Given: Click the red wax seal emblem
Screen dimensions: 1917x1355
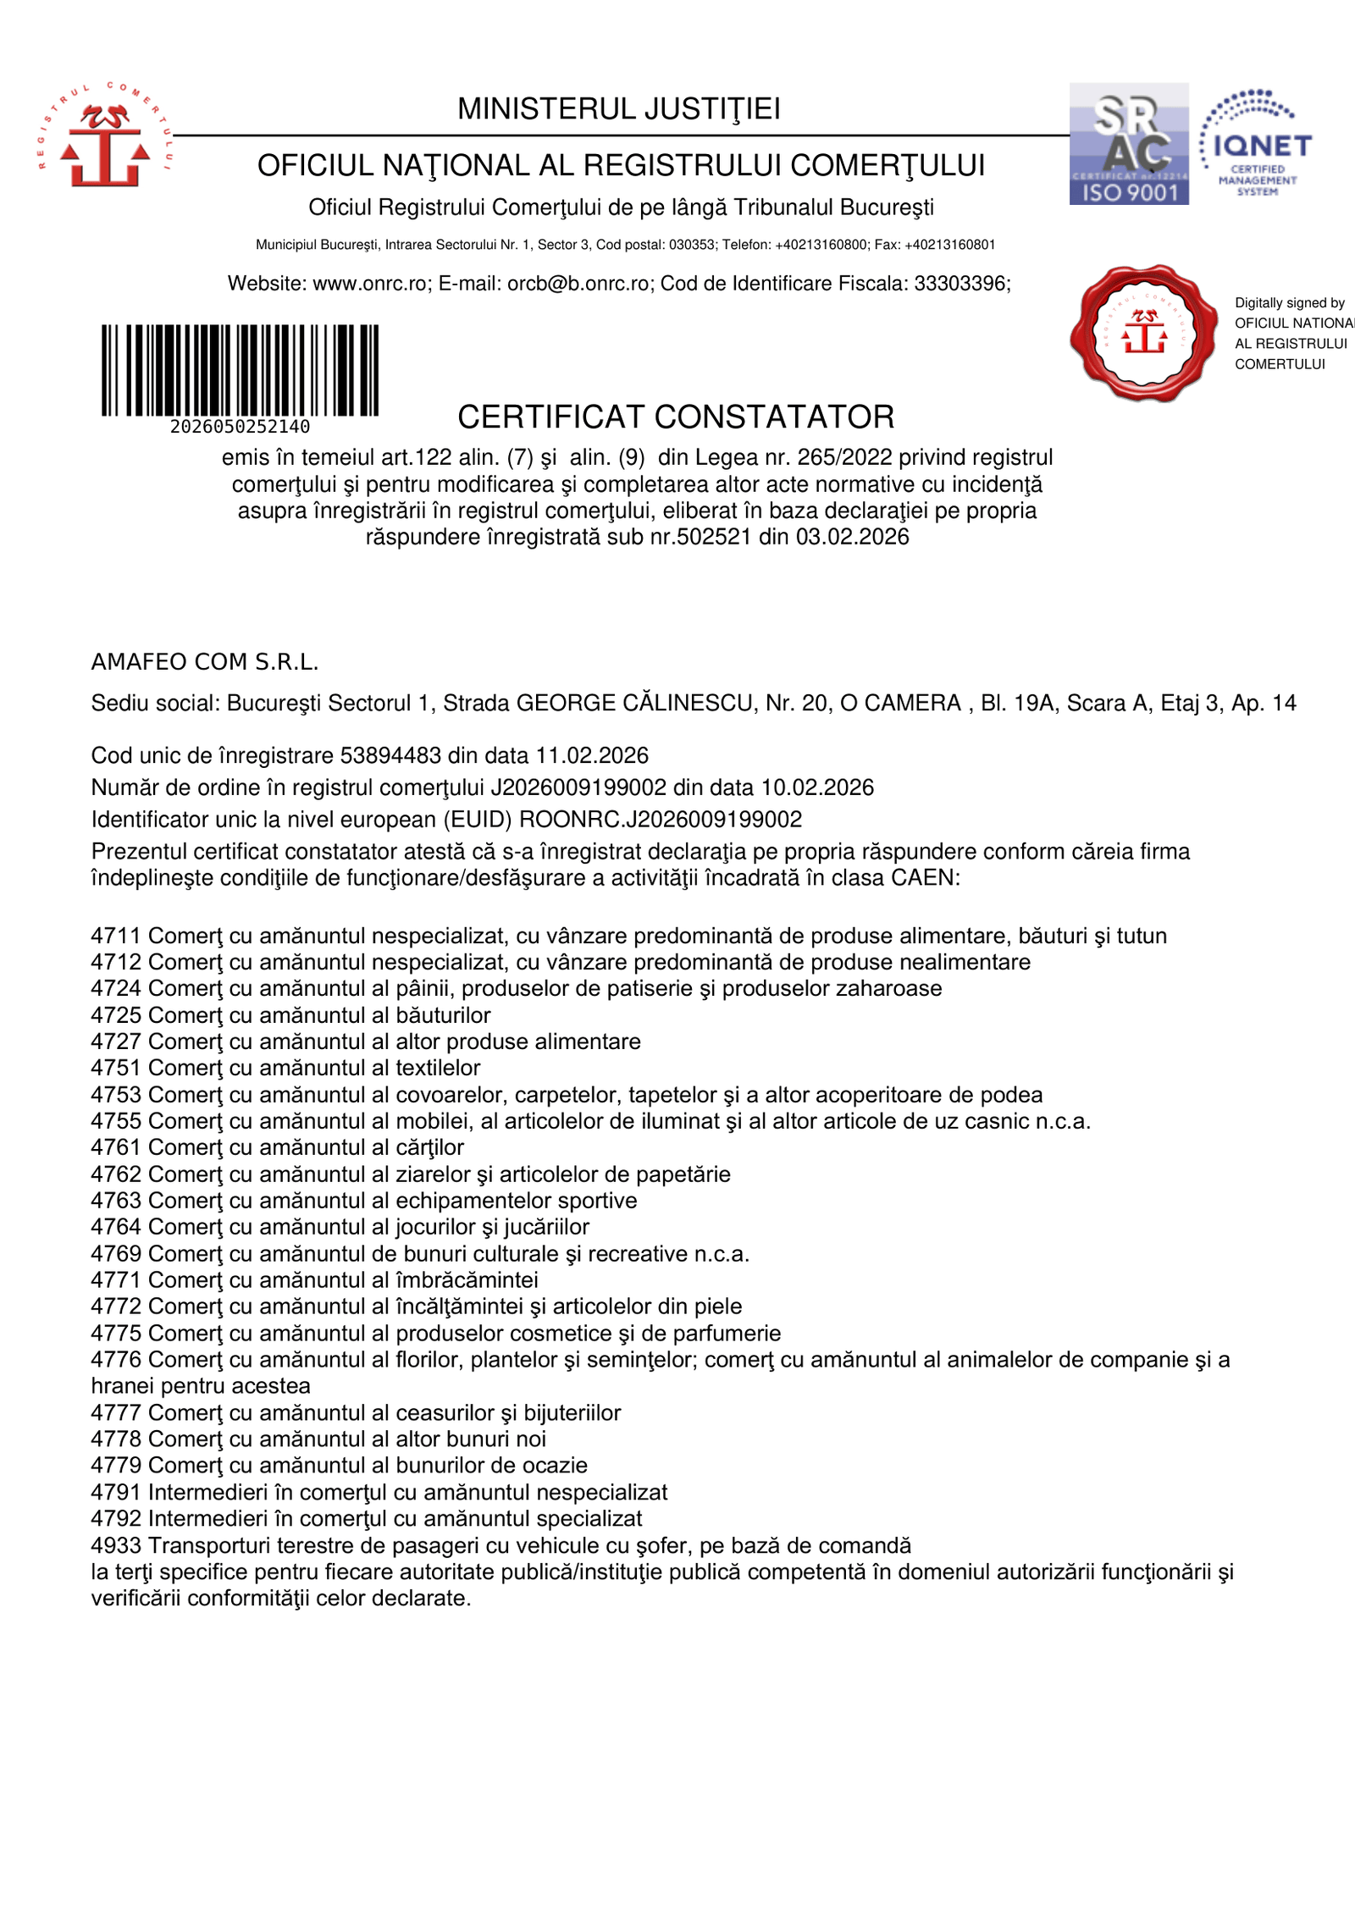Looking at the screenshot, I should click(x=1143, y=332).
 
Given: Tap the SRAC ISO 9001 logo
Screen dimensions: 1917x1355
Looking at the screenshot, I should click(x=1129, y=144).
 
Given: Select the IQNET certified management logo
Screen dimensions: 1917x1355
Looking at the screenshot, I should click(x=1256, y=144).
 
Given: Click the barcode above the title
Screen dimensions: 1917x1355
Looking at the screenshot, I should click(x=240, y=370).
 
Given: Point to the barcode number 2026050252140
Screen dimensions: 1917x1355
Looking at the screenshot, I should click(x=240, y=427).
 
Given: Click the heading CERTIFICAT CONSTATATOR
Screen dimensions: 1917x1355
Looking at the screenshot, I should click(x=676, y=417).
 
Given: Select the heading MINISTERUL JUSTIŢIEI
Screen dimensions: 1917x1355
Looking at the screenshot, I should click(x=619, y=109).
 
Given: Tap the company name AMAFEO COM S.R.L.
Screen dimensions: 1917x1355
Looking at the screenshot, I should click(x=205, y=662).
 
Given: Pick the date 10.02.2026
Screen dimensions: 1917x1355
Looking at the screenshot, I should click(x=817, y=787).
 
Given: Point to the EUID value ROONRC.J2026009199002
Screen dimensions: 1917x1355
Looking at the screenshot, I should click(x=661, y=820).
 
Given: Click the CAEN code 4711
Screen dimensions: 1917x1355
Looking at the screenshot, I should click(x=116, y=936).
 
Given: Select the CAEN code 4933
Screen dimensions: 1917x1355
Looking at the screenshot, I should click(x=116, y=1545).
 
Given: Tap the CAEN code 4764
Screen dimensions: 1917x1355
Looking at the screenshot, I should click(x=116, y=1227).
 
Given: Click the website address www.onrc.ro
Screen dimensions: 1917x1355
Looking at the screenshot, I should click(x=371, y=284).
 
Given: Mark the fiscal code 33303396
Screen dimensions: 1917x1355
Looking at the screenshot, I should click(x=960, y=284).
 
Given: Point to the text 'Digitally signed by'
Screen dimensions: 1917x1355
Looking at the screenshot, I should click(x=1289, y=303).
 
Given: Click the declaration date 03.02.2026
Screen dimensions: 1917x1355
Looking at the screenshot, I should click(x=852, y=537).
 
